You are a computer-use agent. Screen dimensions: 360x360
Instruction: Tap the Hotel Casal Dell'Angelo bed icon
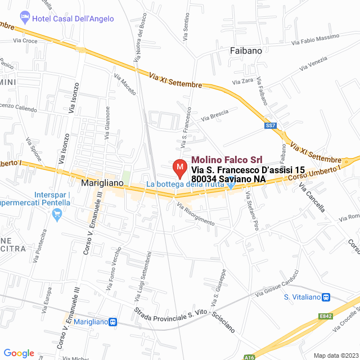[24, 18]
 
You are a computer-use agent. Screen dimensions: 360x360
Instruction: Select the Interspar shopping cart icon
[56, 214]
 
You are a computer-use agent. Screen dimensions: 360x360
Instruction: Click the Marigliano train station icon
[113, 322]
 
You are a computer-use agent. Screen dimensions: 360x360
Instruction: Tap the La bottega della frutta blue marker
[231, 183]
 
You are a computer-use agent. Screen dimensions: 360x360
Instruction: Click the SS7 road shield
[271, 125]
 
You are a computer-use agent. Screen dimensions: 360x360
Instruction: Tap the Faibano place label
[246, 51]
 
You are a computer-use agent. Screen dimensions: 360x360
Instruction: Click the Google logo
[19, 353]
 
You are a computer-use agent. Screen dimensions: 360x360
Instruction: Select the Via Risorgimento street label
[195, 214]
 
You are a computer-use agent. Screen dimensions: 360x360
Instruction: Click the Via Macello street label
[125, 84]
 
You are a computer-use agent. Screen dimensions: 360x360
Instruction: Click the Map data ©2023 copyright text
[334, 355]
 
